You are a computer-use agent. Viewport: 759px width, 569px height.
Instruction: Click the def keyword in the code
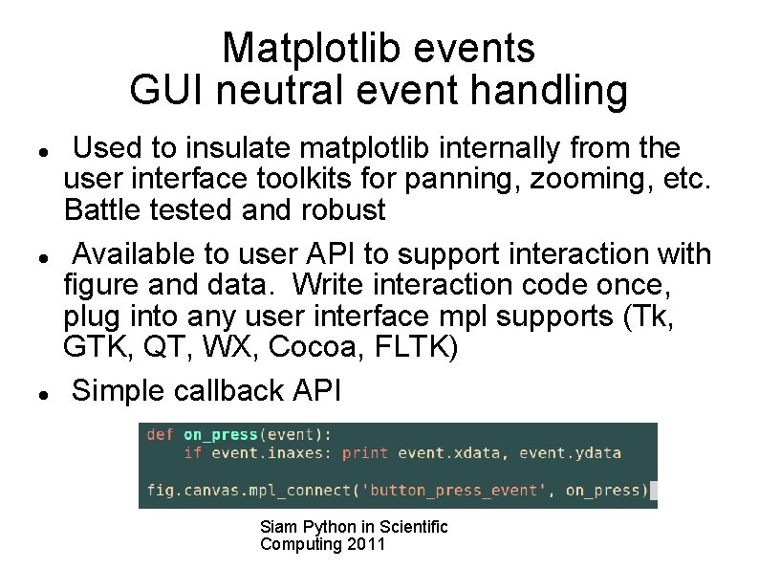pos(160,434)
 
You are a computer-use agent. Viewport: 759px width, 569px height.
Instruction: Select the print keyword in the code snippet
pos(365,452)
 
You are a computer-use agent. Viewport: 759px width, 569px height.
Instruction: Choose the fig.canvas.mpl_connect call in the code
pos(249,491)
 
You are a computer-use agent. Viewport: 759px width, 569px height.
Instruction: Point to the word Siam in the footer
pos(278,527)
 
